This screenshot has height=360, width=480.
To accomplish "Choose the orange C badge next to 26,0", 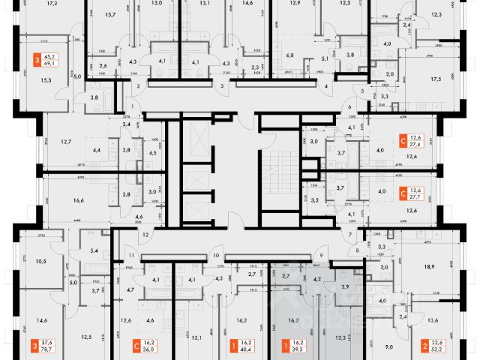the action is tap(135, 346).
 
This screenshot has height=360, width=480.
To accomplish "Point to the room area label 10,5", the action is tap(42, 261).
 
